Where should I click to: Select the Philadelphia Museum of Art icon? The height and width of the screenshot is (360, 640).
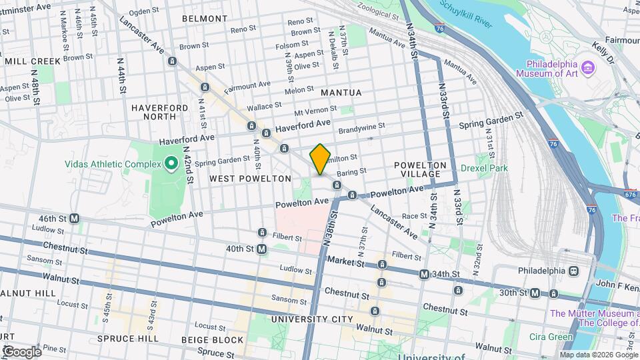[x=587, y=68]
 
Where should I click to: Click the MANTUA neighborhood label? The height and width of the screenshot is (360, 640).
[x=341, y=93]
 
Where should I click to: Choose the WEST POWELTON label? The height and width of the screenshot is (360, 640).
[x=250, y=179]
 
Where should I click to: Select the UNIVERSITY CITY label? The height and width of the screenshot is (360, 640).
[x=312, y=319]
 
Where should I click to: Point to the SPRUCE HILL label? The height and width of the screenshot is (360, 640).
[x=127, y=338]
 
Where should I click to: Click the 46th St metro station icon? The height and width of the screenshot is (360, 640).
[x=75, y=218]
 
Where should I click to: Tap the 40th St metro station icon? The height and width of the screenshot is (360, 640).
[x=262, y=249]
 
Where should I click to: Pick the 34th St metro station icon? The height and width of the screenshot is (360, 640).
[x=424, y=274]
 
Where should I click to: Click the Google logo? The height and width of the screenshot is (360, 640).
[x=22, y=351]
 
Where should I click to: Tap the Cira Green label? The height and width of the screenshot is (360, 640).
[x=551, y=337]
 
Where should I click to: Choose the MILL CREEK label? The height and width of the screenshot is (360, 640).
[x=33, y=61]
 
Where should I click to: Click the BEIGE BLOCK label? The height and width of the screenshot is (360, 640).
[x=213, y=340]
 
